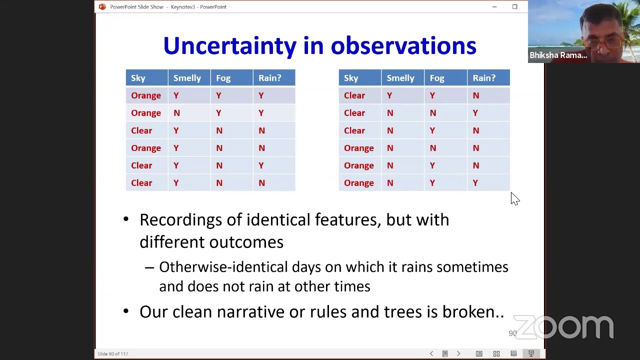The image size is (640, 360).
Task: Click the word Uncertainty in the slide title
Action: coord(229,46)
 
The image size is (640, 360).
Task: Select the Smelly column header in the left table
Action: coord(187,78)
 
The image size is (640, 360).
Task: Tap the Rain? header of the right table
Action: coord(483,78)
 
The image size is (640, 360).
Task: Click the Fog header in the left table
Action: coord(223,78)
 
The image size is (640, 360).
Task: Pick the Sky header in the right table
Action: coord(351,78)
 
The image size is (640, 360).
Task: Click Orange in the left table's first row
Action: coord(146,95)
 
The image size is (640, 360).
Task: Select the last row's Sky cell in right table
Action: coord(358,183)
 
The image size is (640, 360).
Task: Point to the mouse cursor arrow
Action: coord(514,198)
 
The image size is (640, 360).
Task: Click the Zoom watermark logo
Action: coord(563,327)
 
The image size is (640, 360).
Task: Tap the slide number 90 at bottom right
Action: coord(512,333)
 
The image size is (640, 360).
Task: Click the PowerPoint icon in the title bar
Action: coord(102,7)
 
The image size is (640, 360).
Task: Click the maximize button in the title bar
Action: coord(514,7)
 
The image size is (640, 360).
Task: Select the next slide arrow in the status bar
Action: coord(458,354)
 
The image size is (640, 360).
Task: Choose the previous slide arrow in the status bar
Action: coord(431,354)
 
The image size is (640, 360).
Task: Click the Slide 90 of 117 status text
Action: coord(113,354)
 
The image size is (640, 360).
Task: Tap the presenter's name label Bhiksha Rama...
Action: coord(558,55)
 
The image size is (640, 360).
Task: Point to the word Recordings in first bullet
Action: coord(180,220)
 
